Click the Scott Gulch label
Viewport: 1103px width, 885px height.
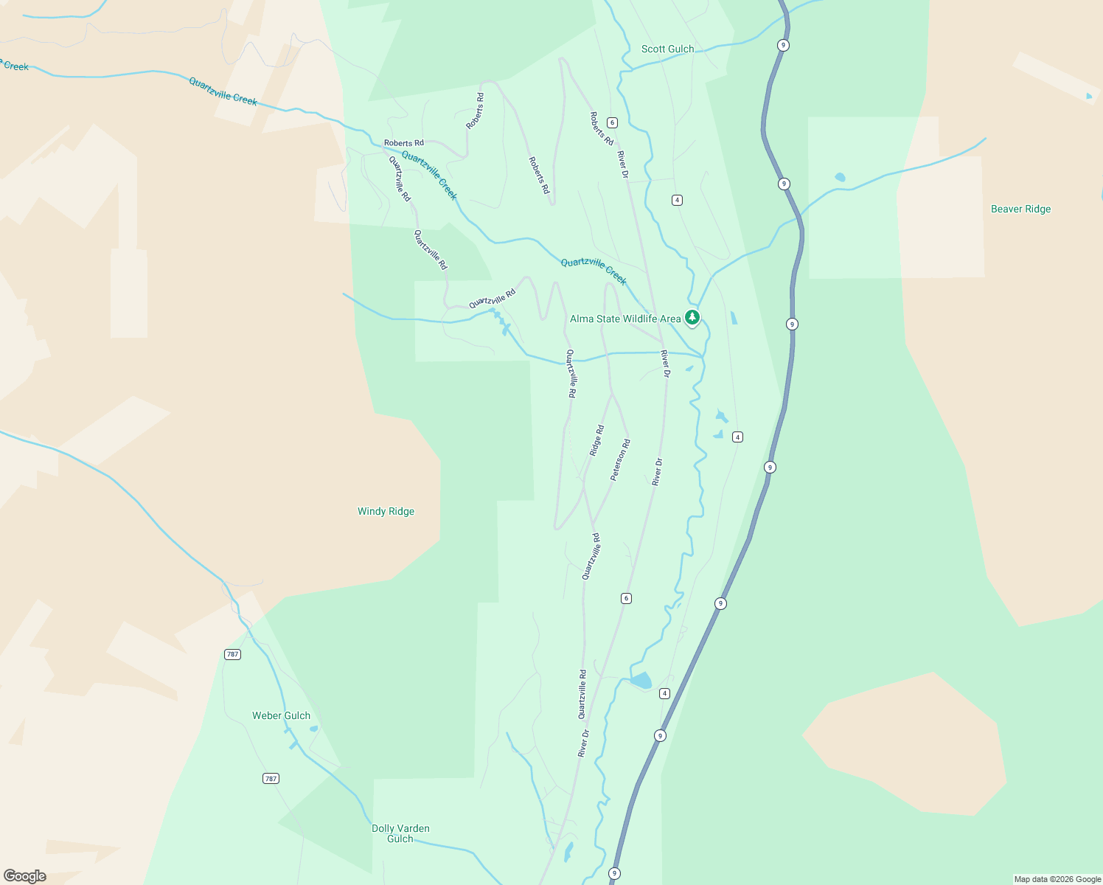pyautogui.click(x=667, y=49)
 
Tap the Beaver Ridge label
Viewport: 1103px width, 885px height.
pyautogui.click(x=1020, y=209)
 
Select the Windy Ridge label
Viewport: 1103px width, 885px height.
pyautogui.click(x=386, y=512)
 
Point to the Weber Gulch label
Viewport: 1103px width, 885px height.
pyautogui.click(x=281, y=716)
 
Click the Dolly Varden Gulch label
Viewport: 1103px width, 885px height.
pyautogui.click(x=400, y=833)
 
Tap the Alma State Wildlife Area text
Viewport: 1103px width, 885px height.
pyautogui.click(x=625, y=319)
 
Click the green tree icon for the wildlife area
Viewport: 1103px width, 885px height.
pyautogui.click(x=692, y=318)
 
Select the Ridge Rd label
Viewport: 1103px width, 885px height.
pyautogui.click(x=596, y=440)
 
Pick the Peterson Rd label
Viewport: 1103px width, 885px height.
pyautogui.click(x=621, y=460)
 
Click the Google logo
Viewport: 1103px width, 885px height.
pyautogui.click(x=25, y=876)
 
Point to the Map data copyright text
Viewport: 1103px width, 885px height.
pyautogui.click(x=1057, y=879)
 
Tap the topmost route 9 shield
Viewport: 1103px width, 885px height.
pyautogui.click(x=783, y=46)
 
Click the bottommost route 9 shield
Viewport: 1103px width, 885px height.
pyautogui.click(x=614, y=873)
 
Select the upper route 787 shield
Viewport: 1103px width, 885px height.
pyautogui.click(x=232, y=654)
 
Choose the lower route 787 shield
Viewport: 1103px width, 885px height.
pyautogui.click(x=271, y=779)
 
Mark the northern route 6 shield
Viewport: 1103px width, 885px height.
pyautogui.click(x=612, y=122)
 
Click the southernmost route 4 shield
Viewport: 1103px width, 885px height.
pyautogui.click(x=664, y=693)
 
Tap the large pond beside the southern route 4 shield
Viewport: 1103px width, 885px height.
pyautogui.click(x=641, y=680)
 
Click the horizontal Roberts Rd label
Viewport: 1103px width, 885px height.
pyautogui.click(x=403, y=143)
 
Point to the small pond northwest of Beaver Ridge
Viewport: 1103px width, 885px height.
pyautogui.click(x=840, y=178)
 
